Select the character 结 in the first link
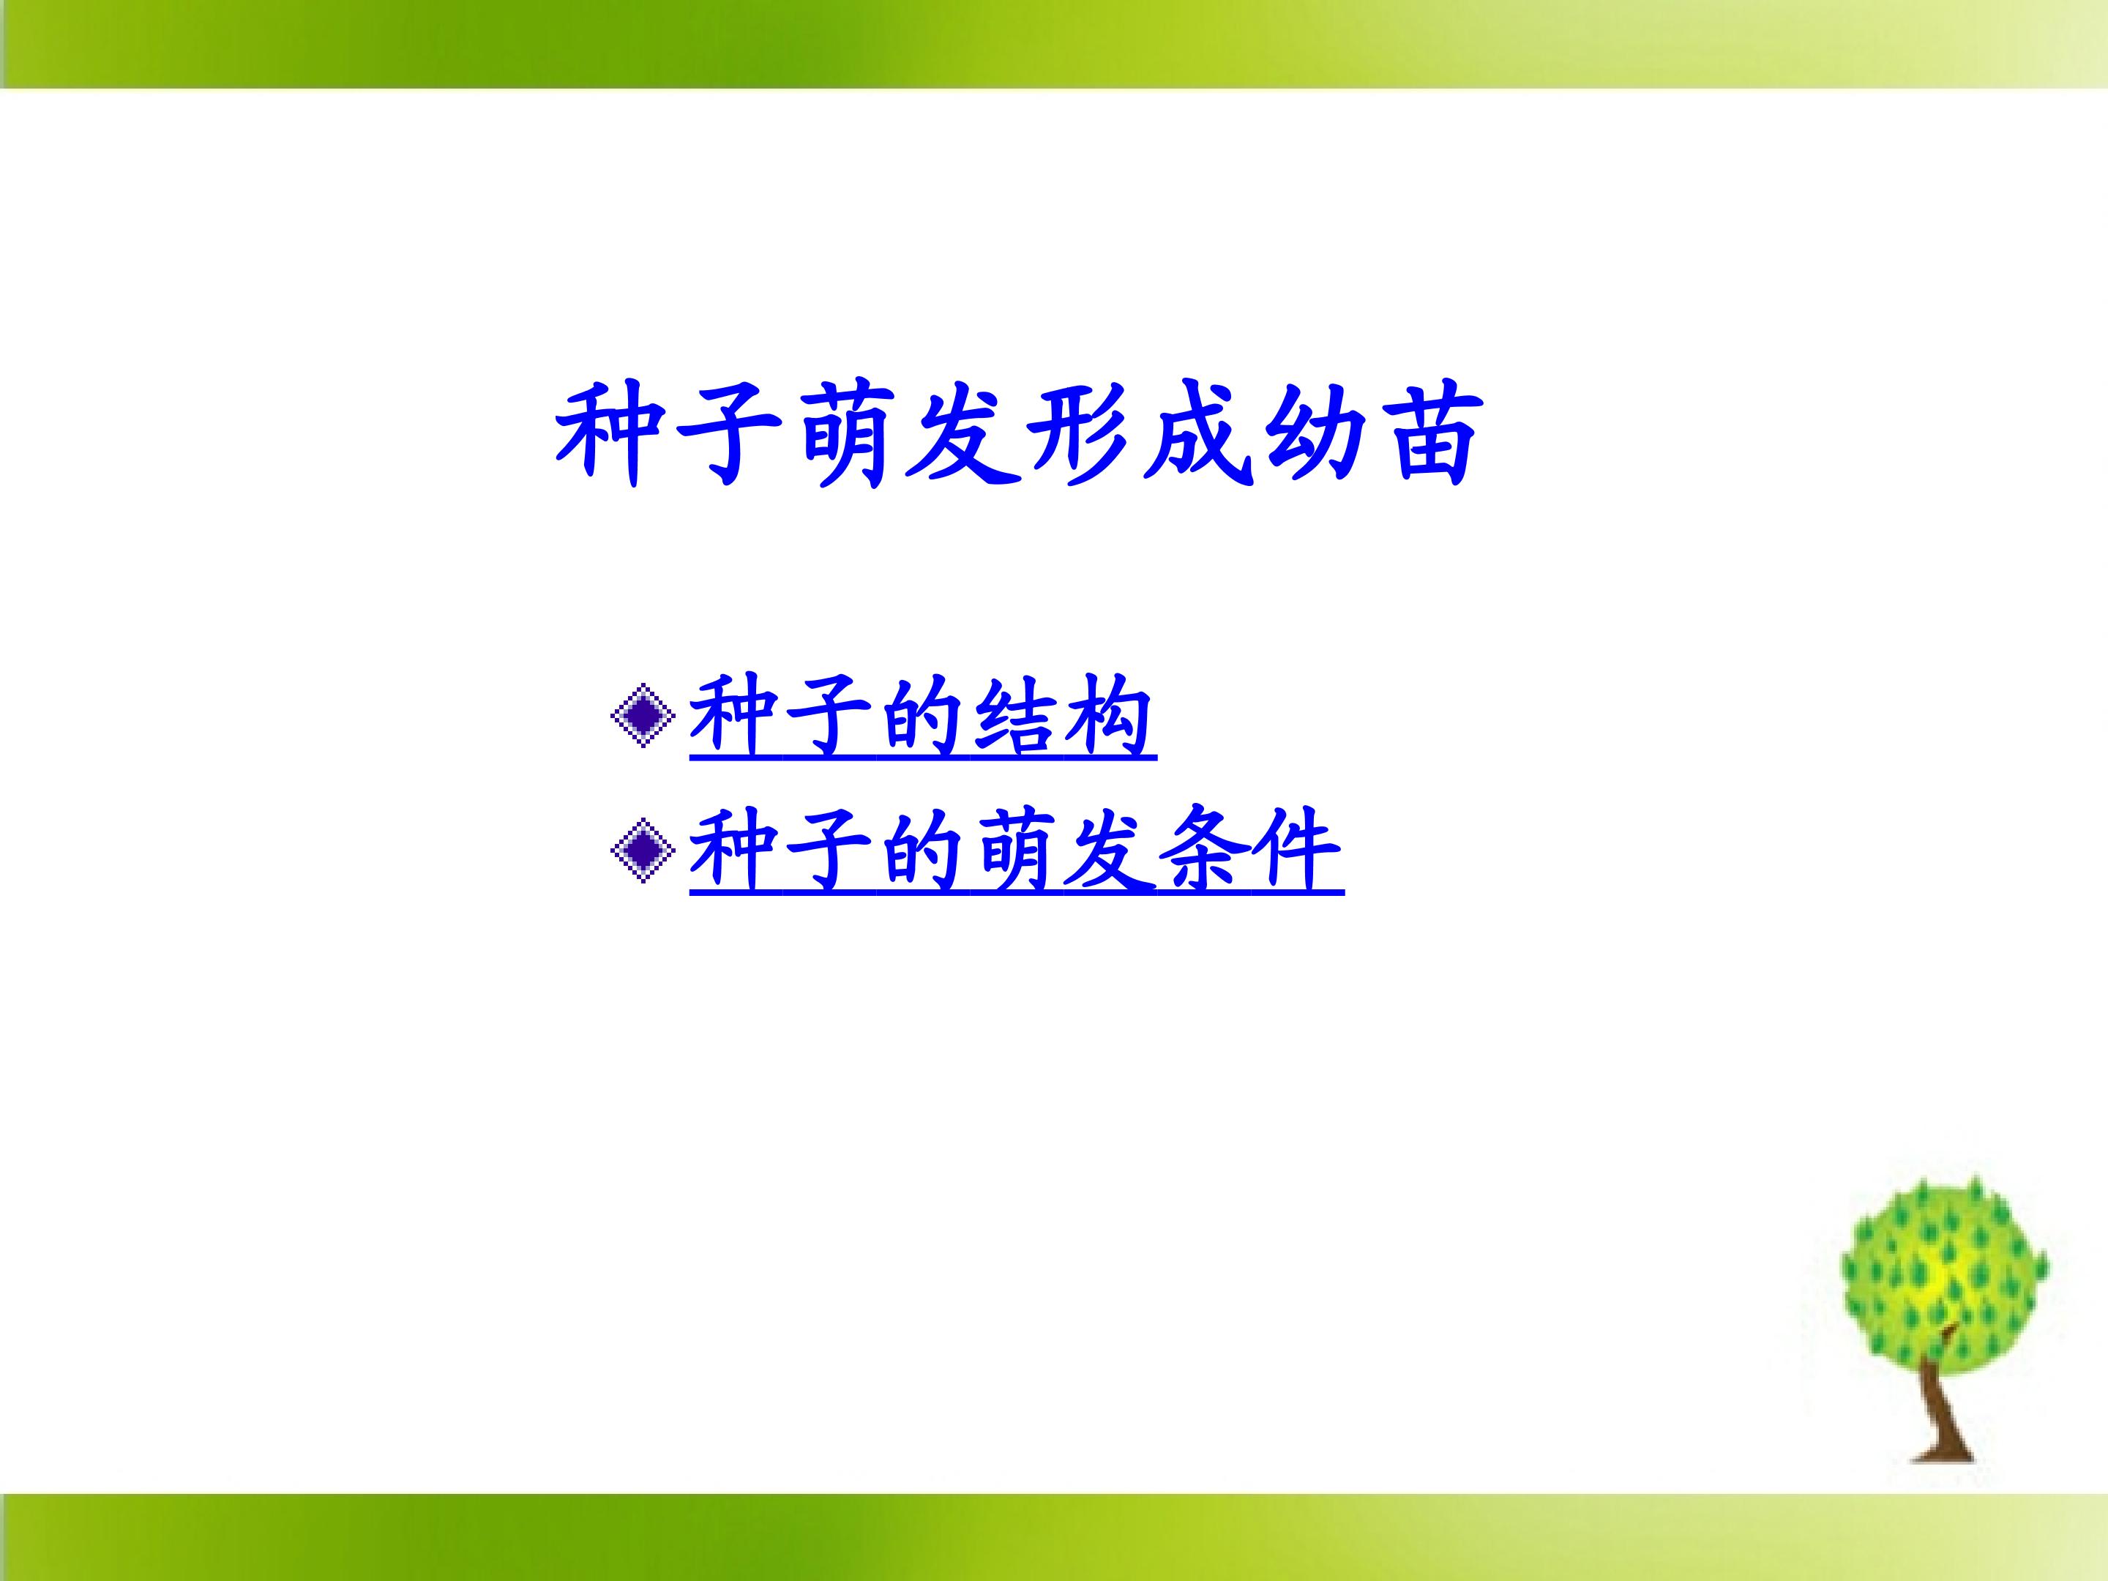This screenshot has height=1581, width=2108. click(1014, 717)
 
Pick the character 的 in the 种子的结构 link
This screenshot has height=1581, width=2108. click(921, 717)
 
